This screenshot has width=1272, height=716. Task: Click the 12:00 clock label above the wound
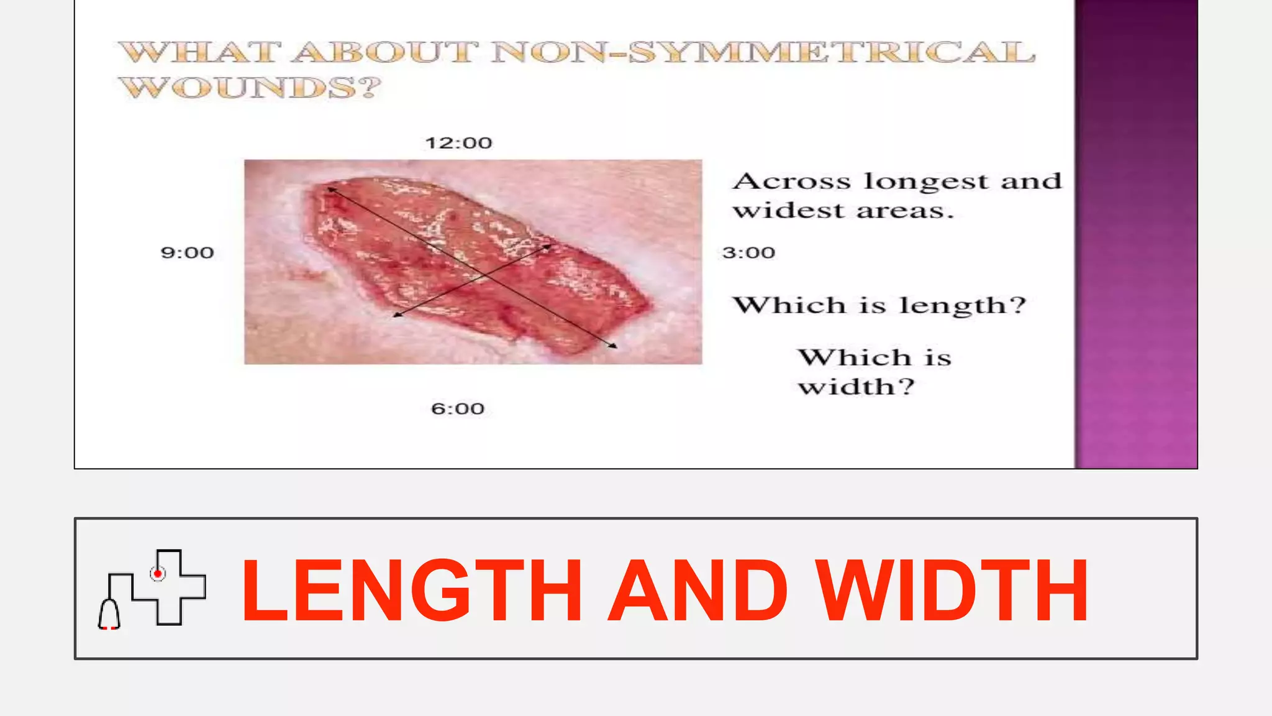click(x=458, y=143)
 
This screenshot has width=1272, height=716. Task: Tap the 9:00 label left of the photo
click(x=187, y=252)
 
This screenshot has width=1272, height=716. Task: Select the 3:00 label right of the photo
click(x=748, y=252)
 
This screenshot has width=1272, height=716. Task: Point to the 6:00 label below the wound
click(x=458, y=408)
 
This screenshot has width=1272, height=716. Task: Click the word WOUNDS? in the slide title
click(x=250, y=87)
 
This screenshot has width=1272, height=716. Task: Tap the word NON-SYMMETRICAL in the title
click(x=763, y=52)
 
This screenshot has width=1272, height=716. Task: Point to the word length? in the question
click(x=963, y=305)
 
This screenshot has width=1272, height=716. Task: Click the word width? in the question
click(x=856, y=387)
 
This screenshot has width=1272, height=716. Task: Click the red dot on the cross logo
click(x=158, y=573)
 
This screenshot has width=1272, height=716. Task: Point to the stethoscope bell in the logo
click(x=109, y=615)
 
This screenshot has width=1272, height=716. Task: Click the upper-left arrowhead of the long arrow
click(x=330, y=188)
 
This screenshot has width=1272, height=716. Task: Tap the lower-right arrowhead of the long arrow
click(x=614, y=346)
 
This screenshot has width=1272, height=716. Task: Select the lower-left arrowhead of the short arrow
click(x=397, y=316)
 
